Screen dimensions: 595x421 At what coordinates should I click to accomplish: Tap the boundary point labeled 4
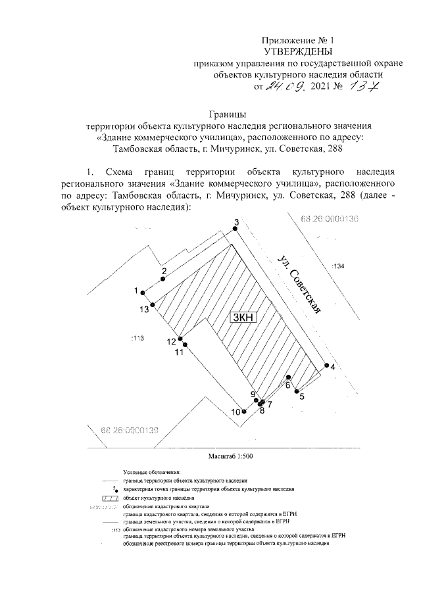click(x=325, y=366)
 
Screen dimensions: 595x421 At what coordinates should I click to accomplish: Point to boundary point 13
click(x=153, y=304)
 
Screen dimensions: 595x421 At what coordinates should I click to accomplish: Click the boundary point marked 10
click(x=244, y=411)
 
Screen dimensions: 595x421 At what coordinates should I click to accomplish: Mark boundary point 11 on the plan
click(x=186, y=345)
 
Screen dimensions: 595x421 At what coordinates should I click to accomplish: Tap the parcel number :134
click(x=338, y=266)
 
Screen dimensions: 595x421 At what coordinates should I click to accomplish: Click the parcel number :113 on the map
click(x=137, y=338)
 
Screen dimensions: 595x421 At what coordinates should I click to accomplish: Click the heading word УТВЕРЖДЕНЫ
click(x=295, y=51)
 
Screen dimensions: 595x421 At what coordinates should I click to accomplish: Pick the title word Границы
click(x=228, y=112)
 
